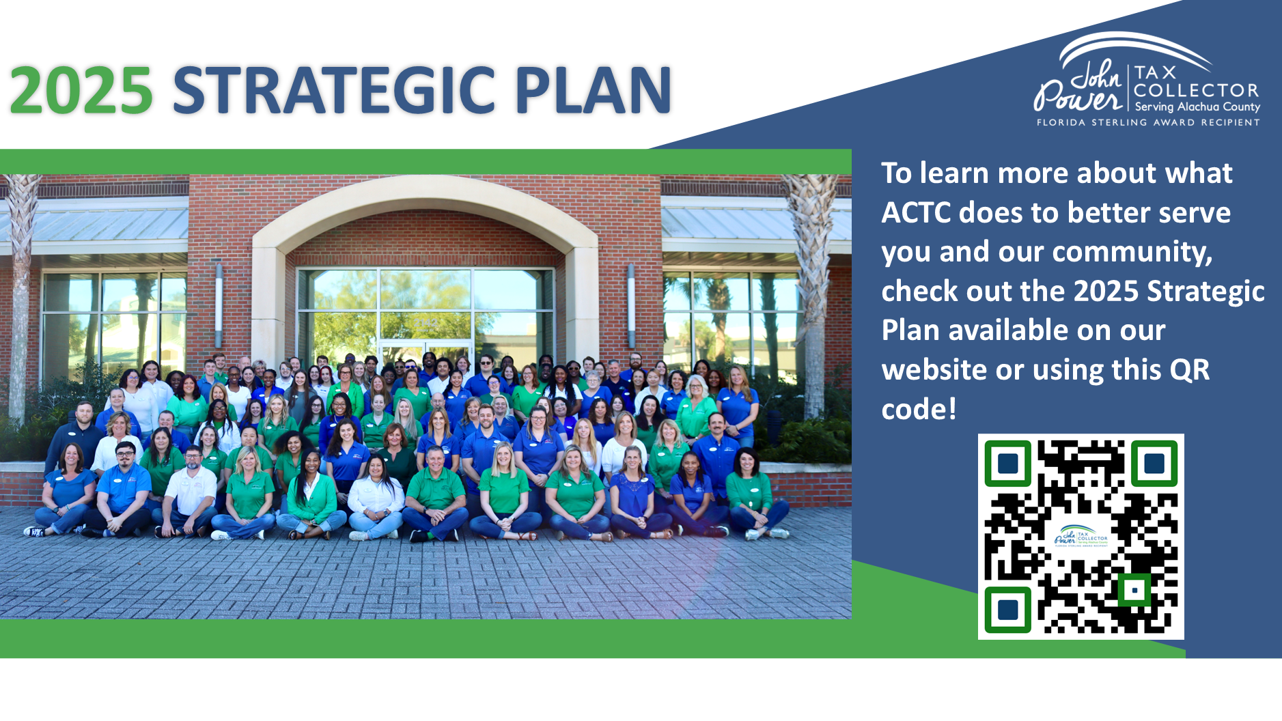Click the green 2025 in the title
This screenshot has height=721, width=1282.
(81, 90)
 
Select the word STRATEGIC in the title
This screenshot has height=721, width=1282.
(334, 90)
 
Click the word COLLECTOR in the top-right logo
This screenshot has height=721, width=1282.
(1196, 91)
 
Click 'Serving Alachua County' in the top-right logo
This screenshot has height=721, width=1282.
(1197, 107)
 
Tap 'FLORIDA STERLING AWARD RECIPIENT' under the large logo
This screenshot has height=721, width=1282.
(1148, 123)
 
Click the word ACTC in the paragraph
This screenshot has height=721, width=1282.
(916, 212)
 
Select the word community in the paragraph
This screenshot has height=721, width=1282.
(1132, 253)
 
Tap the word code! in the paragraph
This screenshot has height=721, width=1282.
(919, 410)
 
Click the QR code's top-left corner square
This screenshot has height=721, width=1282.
(1008, 464)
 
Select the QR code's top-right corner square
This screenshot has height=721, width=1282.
(1154, 464)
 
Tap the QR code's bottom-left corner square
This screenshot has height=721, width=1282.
(1008, 610)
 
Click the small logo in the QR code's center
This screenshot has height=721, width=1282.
(1081, 536)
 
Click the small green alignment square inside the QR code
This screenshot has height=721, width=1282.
(1134, 590)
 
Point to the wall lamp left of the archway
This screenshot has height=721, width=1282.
(219, 305)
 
